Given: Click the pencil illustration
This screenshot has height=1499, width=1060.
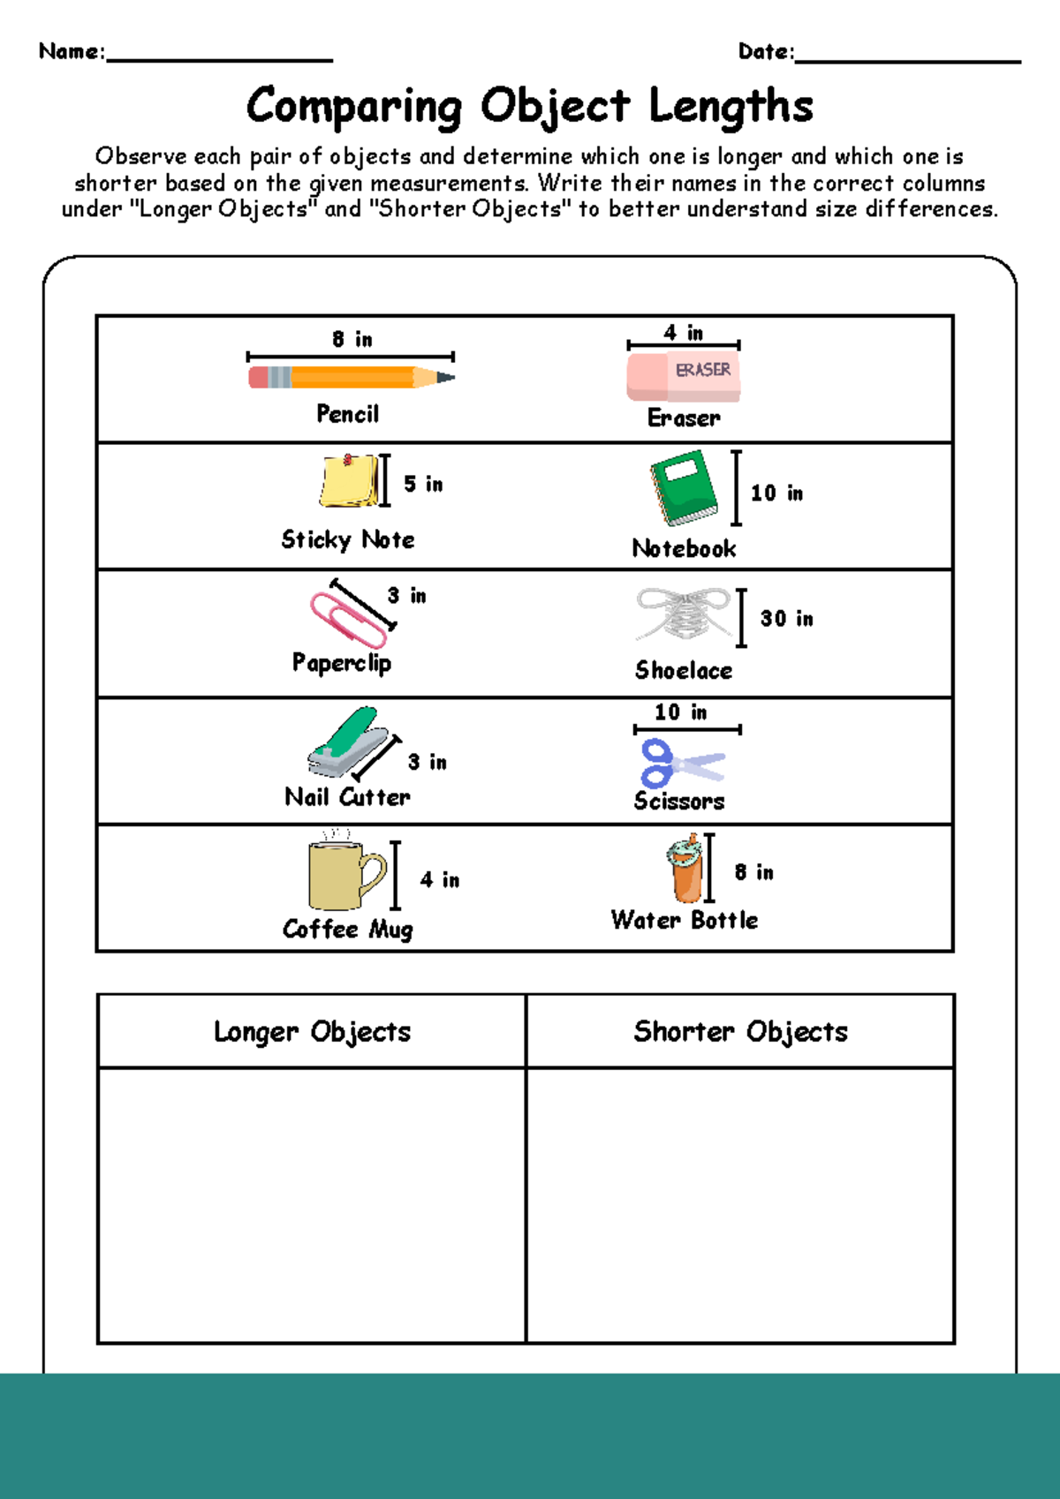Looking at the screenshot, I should [x=351, y=378].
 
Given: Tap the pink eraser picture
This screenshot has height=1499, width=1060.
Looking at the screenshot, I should [x=683, y=377].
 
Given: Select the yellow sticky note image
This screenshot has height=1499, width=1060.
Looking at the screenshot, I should [x=348, y=481].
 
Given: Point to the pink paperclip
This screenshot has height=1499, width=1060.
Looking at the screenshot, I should [x=347, y=619].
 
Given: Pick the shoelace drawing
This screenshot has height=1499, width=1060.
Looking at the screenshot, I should [x=683, y=614].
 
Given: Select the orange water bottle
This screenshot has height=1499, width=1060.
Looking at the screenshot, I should [x=685, y=869].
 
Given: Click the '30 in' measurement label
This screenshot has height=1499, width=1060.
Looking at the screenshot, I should [x=786, y=619].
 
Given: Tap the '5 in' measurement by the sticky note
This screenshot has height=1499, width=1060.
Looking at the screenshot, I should [x=423, y=484].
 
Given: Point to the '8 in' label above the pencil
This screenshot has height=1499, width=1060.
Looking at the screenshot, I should [x=352, y=340].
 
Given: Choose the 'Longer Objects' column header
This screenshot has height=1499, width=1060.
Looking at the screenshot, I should [x=312, y=1032].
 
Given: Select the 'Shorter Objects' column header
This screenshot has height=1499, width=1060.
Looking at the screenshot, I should [x=740, y=1032].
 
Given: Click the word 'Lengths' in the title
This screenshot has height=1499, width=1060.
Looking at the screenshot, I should [x=731, y=107].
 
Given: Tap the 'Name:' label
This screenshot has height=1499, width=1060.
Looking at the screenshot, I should [x=72, y=52].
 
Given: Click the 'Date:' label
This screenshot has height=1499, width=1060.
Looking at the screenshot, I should [x=766, y=52].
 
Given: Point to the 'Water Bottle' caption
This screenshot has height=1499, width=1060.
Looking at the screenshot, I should [x=685, y=920].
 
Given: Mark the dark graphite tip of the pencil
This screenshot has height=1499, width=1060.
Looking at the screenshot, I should [x=447, y=378].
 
